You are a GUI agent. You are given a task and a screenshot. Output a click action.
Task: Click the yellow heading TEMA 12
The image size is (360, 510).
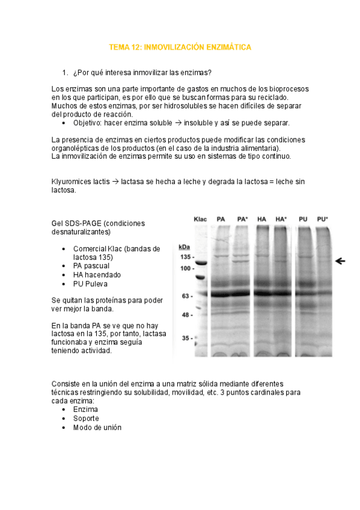pos(180,46)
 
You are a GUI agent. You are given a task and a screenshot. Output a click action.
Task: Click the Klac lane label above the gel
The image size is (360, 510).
pos(200,219)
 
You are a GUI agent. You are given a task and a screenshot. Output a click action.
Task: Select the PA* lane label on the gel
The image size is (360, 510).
pos(243,219)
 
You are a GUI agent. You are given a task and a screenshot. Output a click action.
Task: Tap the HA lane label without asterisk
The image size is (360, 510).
pos(261,219)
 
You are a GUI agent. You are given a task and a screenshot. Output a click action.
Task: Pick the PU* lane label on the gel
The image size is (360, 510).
pos(322,219)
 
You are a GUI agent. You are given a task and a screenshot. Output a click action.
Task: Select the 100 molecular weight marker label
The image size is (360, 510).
pos(186,268)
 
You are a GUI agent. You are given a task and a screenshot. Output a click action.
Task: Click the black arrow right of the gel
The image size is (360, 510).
pos(341,260)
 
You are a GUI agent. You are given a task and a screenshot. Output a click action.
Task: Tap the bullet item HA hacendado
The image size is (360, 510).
pos(97,275)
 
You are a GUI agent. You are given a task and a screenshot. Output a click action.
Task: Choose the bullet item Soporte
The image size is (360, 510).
pos(86,418)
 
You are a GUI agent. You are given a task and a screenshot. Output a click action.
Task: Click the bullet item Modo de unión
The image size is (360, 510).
pos(97,427)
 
